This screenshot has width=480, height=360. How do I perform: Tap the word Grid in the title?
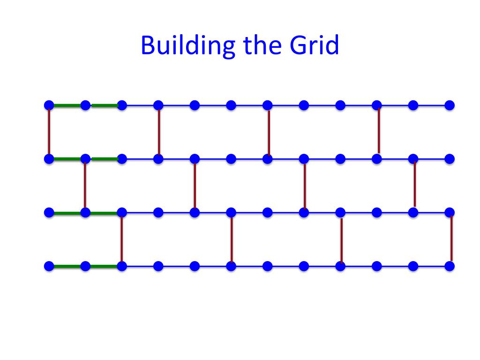coord(314,45)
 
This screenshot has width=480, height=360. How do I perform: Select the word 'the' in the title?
coord(262,45)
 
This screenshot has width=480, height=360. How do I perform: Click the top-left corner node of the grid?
coord(49,105)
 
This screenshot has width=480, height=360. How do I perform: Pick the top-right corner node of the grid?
coord(450,105)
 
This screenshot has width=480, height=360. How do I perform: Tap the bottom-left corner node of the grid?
coord(49,266)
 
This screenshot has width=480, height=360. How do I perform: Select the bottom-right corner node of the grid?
coord(450,266)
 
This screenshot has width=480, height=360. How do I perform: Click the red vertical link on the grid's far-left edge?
coord(49,132)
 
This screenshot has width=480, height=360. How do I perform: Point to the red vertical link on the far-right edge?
coord(451,239)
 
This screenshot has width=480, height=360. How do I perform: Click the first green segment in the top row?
coord(67,105)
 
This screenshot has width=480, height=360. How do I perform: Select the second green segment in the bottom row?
coord(104,266)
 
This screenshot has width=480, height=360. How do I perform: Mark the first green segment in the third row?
coord(67,213)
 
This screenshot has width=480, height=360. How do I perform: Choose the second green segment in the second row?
coord(105,159)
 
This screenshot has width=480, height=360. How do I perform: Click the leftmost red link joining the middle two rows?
coord(85,186)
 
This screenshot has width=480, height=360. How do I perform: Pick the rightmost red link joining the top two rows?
coord(379,131)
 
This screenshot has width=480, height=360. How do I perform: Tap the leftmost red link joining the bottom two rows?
coord(122,239)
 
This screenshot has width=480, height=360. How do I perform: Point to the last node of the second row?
coord(450,159)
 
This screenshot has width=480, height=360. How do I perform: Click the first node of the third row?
coord(49,212)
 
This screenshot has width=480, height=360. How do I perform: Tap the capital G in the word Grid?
coord(298,45)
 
